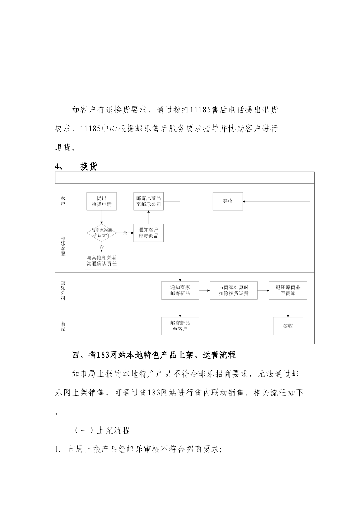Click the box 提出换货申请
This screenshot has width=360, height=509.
(x=102, y=201)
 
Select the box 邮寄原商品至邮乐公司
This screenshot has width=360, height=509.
(x=149, y=201)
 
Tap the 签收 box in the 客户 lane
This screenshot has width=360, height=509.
(x=228, y=201)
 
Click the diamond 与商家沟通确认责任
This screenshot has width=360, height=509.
(x=102, y=233)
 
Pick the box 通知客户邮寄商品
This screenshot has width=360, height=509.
(x=149, y=233)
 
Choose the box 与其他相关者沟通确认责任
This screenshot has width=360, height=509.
(x=102, y=261)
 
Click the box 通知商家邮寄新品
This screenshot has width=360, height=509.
(x=180, y=290)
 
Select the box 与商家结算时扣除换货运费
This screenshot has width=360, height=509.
(x=234, y=290)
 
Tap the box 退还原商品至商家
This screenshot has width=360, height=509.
(x=288, y=290)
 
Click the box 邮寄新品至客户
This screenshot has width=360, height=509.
(x=180, y=326)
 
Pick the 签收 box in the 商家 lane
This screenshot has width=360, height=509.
(x=288, y=326)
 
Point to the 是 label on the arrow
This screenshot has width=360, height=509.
(x=125, y=233)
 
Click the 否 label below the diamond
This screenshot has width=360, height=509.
(x=102, y=247)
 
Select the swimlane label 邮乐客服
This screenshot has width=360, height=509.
(x=63, y=246)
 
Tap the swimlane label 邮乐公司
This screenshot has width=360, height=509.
(x=63, y=290)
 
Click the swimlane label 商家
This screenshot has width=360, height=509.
(x=63, y=326)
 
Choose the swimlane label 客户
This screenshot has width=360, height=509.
(x=63, y=201)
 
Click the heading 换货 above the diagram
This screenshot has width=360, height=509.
(x=88, y=167)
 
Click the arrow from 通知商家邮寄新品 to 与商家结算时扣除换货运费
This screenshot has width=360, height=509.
(x=204, y=290)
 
